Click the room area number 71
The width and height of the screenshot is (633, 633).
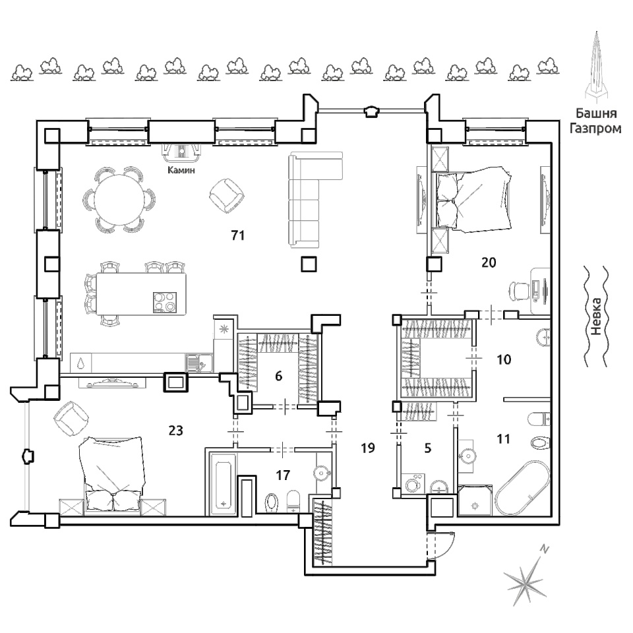click(238, 235)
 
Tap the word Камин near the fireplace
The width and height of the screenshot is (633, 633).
click(181, 170)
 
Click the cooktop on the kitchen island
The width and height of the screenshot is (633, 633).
click(165, 303)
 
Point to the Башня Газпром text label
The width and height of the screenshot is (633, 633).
click(595, 121)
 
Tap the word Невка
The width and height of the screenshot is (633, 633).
click(596, 316)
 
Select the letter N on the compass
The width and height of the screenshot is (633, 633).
click(545, 549)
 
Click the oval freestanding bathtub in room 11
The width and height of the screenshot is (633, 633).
click(523, 489)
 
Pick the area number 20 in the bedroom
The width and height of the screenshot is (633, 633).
click(489, 262)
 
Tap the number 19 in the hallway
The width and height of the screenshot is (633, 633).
click(368, 448)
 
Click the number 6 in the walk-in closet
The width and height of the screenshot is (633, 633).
click(278, 377)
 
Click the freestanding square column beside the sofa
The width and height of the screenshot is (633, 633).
click(309, 264)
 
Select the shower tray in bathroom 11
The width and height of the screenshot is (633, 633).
click(475, 500)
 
